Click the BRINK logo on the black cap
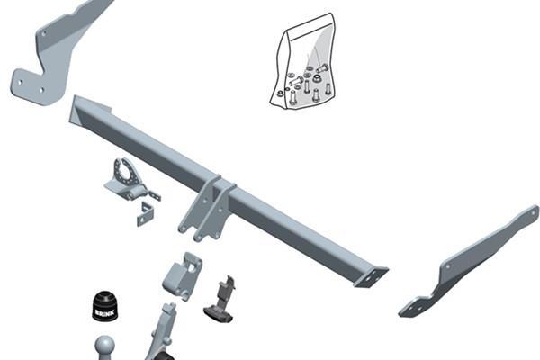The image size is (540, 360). (105, 313)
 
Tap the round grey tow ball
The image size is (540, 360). (104, 346)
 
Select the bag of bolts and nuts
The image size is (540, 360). (302, 61)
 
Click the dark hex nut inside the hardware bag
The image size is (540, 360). (316, 79)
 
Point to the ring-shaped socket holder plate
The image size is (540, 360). (127, 174)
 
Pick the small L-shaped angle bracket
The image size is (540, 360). (146, 214)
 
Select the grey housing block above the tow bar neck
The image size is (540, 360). (182, 275)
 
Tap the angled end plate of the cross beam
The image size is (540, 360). (371, 277)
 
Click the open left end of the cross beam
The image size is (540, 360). (74, 110)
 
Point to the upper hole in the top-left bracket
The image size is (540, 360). (44, 34)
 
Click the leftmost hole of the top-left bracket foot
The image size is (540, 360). (21, 83)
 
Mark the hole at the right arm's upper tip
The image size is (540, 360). (534, 212)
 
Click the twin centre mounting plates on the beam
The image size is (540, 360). (207, 210)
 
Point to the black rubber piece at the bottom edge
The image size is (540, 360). (166, 356)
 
